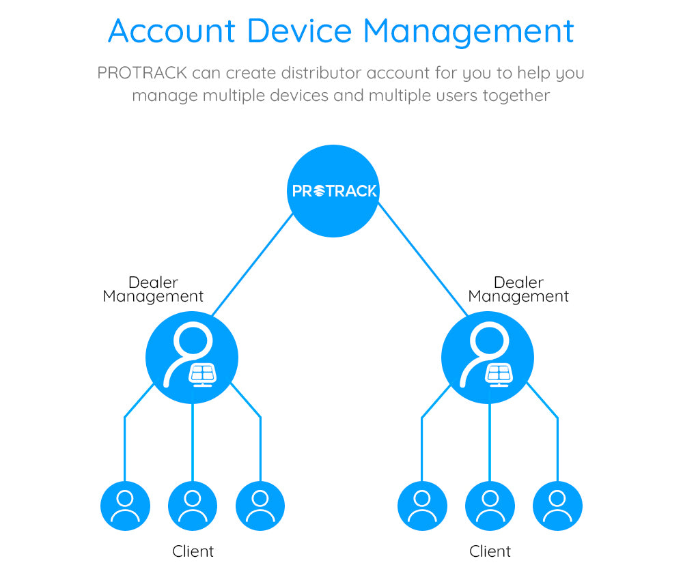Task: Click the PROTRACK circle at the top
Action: click(333, 191)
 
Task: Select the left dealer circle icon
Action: click(192, 358)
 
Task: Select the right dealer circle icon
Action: click(488, 358)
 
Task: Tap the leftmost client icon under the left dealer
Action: click(125, 506)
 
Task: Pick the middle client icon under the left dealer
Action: click(193, 506)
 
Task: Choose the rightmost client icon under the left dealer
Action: click(260, 506)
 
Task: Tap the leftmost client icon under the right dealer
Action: click(422, 506)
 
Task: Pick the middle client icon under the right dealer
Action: click(490, 506)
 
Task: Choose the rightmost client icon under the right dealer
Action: click(557, 506)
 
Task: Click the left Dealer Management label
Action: click(153, 289)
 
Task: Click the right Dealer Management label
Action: click(518, 289)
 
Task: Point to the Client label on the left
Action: click(193, 551)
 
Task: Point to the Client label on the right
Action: click(490, 551)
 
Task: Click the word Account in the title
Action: click(171, 31)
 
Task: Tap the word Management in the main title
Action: click(468, 31)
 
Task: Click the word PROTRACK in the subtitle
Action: click(142, 73)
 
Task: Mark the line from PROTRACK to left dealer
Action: click(253, 265)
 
